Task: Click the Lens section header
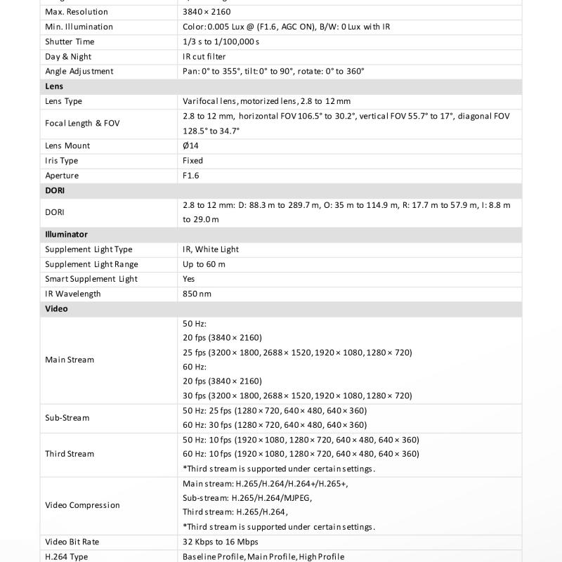54,86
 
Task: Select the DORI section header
55,190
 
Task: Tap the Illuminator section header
66,235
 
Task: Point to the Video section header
56,309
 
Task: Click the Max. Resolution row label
77,12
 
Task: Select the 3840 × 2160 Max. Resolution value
207,12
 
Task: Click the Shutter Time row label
70,42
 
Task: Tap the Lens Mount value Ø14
190,146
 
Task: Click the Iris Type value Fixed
192,161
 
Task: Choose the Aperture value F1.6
191,176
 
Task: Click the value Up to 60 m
204,264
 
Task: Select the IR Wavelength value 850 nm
197,294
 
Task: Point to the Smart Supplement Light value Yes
189,279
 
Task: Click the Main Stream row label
70,360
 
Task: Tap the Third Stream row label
70,454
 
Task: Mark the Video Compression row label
82,505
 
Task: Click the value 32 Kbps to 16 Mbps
220,542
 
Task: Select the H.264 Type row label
67,556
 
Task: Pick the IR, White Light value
211,249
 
